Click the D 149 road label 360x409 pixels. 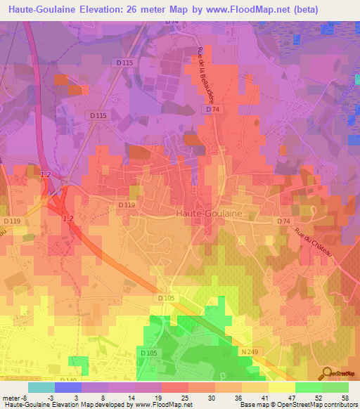pos(70,379)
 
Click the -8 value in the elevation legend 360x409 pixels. pos(27,397)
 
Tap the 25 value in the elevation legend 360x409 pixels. pos(186,397)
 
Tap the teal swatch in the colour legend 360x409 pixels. pos(41,387)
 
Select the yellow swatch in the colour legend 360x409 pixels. pos(282,387)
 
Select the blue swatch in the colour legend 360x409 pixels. pos(68,387)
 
